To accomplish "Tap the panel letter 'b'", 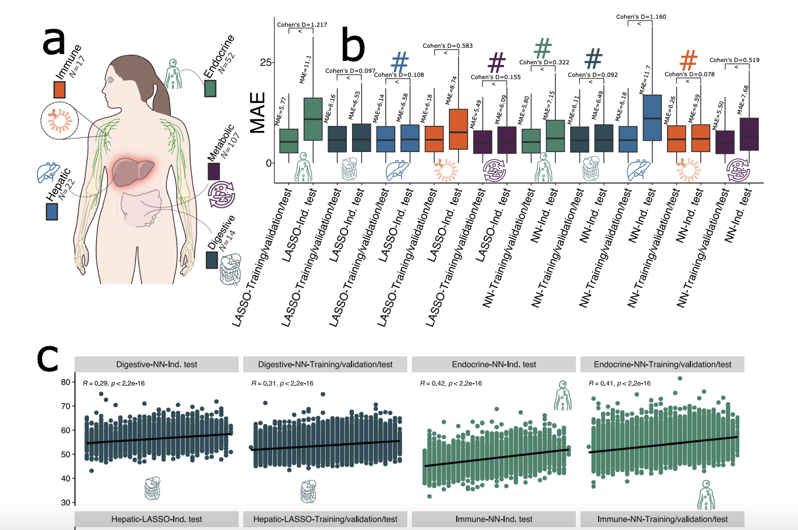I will point(353,47).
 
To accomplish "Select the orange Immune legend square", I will point(59,89).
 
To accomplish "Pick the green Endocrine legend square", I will point(210,88).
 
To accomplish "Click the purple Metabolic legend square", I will point(214,171).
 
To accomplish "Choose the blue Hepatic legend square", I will point(52,211).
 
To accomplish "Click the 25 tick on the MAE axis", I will point(265,63).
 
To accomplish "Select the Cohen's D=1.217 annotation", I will point(302,24).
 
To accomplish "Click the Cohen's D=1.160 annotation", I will point(641,17).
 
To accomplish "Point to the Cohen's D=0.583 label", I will point(448,46).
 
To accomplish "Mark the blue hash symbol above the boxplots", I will point(400,63).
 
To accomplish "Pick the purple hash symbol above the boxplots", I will point(497,63).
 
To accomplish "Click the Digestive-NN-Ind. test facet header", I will point(157,364).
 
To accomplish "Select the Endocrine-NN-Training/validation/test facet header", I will point(662,364).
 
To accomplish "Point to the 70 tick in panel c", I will point(66,406).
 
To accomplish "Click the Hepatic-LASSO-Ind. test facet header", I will point(157,519).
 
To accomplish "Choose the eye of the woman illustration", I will point(111,79).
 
